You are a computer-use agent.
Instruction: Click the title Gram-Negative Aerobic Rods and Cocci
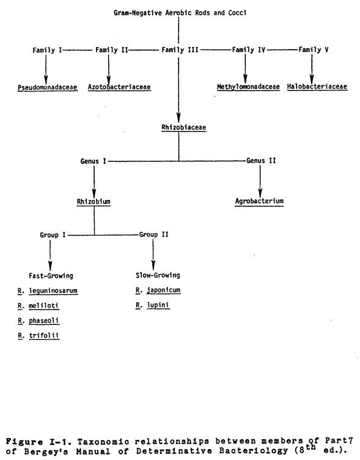click(x=180, y=13)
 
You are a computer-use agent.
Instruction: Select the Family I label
click(x=47, y=50)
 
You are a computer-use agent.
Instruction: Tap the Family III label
click(x=180, y=50)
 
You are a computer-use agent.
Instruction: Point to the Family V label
click(x=314, y=50)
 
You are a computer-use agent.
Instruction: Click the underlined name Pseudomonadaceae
click(x=48, y=87)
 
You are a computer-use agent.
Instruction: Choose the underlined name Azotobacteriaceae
click(x=119, y=87)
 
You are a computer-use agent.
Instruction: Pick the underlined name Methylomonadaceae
click(x=248, y=87)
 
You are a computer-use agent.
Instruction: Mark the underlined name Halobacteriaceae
click(x=317, y=86)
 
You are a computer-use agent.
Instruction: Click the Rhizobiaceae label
click(x=184, y=128)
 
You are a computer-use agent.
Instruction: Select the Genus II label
click(x=261, y=161)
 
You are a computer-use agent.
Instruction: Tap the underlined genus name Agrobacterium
click(x=259, y=201)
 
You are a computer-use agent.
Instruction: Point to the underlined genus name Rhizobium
click(x=94, y=202)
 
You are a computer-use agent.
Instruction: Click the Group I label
click(x=53, y=235)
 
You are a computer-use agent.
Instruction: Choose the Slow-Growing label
click(x=158, y=275)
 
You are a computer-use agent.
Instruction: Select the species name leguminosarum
click(x=53, y=291)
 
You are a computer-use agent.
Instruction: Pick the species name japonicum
click(x=164, y=290)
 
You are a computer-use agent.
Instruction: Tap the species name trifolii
click(x=43, y=336)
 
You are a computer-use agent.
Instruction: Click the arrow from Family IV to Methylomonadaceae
click(x=245, y=69)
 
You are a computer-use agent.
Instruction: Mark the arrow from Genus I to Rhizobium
click(x=94, y=182)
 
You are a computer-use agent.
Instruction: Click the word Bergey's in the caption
click(x=46, y=451)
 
